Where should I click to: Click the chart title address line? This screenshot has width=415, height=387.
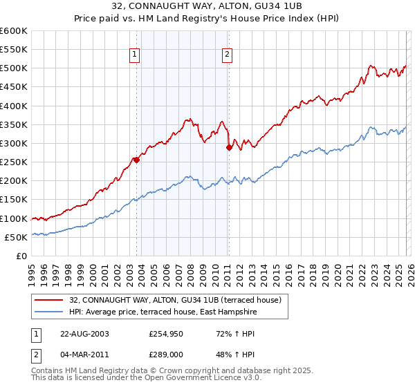click(x=207, y=6)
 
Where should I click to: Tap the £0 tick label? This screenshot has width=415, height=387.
click(x=21, y=256)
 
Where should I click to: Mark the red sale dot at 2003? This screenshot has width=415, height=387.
click(x=136, y=160)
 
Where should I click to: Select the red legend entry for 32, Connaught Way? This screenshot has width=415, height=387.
click(x=175, y=301)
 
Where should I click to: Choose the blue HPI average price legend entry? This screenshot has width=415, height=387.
click(x=163, y=312)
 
